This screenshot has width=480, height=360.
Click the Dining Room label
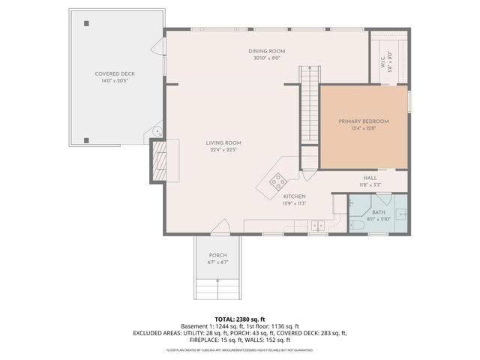coord(267,51)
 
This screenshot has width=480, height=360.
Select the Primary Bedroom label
coord(364,121)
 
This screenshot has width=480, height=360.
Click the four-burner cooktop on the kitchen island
coord(278,181)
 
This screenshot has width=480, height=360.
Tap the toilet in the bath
coord(358,224)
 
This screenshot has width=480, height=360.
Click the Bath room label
coord(379,212)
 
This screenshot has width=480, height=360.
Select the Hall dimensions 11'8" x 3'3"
coord(370,184)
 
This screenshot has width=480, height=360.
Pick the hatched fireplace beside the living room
coord(158,160)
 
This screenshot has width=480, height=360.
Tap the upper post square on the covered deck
coord(87,24)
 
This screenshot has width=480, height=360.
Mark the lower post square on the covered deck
coord(87,139)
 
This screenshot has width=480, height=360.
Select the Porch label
coord(217,256)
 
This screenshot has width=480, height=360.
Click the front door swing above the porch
coord(220,226)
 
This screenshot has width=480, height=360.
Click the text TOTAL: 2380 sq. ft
coord(239,319)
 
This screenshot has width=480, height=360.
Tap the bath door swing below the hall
coord(383,199)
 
